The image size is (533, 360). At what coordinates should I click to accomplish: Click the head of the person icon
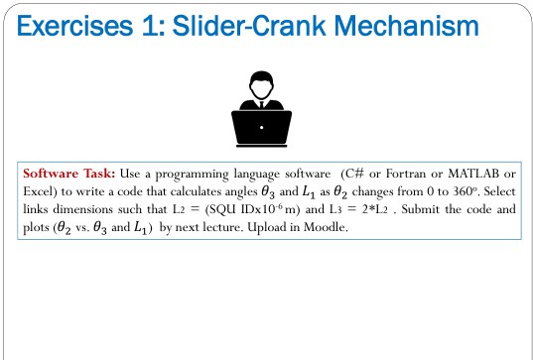click(262, 84)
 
